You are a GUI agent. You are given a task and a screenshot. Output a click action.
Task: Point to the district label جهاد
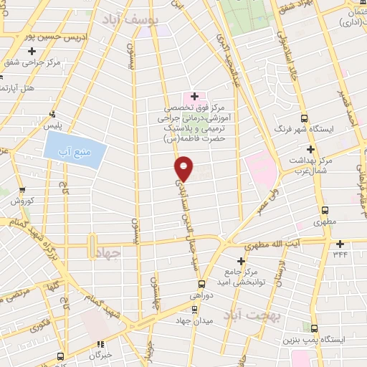[x=123, y=253]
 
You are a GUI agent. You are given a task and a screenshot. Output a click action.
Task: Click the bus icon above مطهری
[x=325, y=210]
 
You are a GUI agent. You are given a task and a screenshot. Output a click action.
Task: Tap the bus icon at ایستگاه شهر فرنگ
[x=304, y=118]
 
